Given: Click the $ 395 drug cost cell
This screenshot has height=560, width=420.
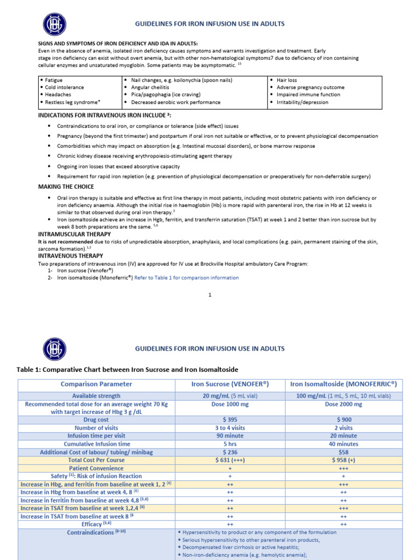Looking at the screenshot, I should tap(230, 419).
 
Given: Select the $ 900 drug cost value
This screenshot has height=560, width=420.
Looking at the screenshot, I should tap(343, 419).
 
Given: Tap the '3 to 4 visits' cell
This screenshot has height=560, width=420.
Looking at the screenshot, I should tap(230, 428).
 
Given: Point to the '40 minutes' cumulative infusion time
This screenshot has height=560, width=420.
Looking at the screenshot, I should tap(343, 444).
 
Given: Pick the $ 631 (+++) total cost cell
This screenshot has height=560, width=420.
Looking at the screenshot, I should tap(230, 460).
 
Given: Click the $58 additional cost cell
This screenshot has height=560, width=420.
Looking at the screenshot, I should tap(343, 452).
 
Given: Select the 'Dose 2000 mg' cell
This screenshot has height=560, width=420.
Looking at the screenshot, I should tap(343, 404).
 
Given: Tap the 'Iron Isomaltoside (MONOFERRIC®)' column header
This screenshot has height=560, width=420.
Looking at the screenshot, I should tap(343, 384).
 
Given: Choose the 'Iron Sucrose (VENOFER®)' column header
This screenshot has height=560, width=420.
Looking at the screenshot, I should tap(230, 384).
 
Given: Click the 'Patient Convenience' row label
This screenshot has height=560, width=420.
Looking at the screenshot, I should tap(96, 468).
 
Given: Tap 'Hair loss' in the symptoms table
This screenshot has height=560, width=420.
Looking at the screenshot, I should tap(287, 80).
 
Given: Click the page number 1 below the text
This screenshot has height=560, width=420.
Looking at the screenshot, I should tap(210, 295).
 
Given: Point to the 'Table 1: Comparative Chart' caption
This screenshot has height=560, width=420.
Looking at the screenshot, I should tap(127, 370).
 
